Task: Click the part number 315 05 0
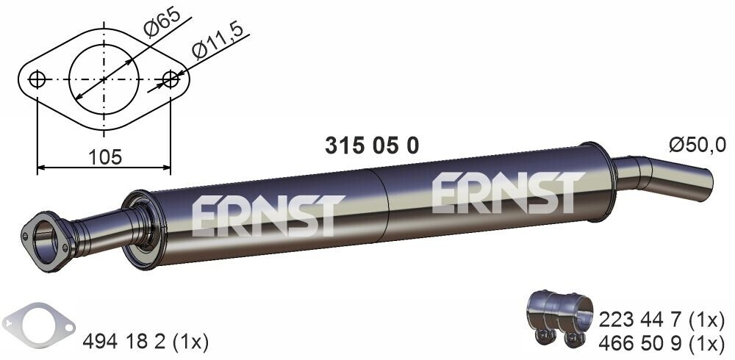tap(372, 146)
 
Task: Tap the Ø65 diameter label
tap(161, 24)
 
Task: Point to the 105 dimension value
tap(104, 156)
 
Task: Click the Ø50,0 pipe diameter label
tap(697, 145)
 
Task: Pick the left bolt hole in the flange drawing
tap(37, 79)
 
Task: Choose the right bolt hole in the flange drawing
tap(171, 79)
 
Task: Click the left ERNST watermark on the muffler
tap(268, 215)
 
